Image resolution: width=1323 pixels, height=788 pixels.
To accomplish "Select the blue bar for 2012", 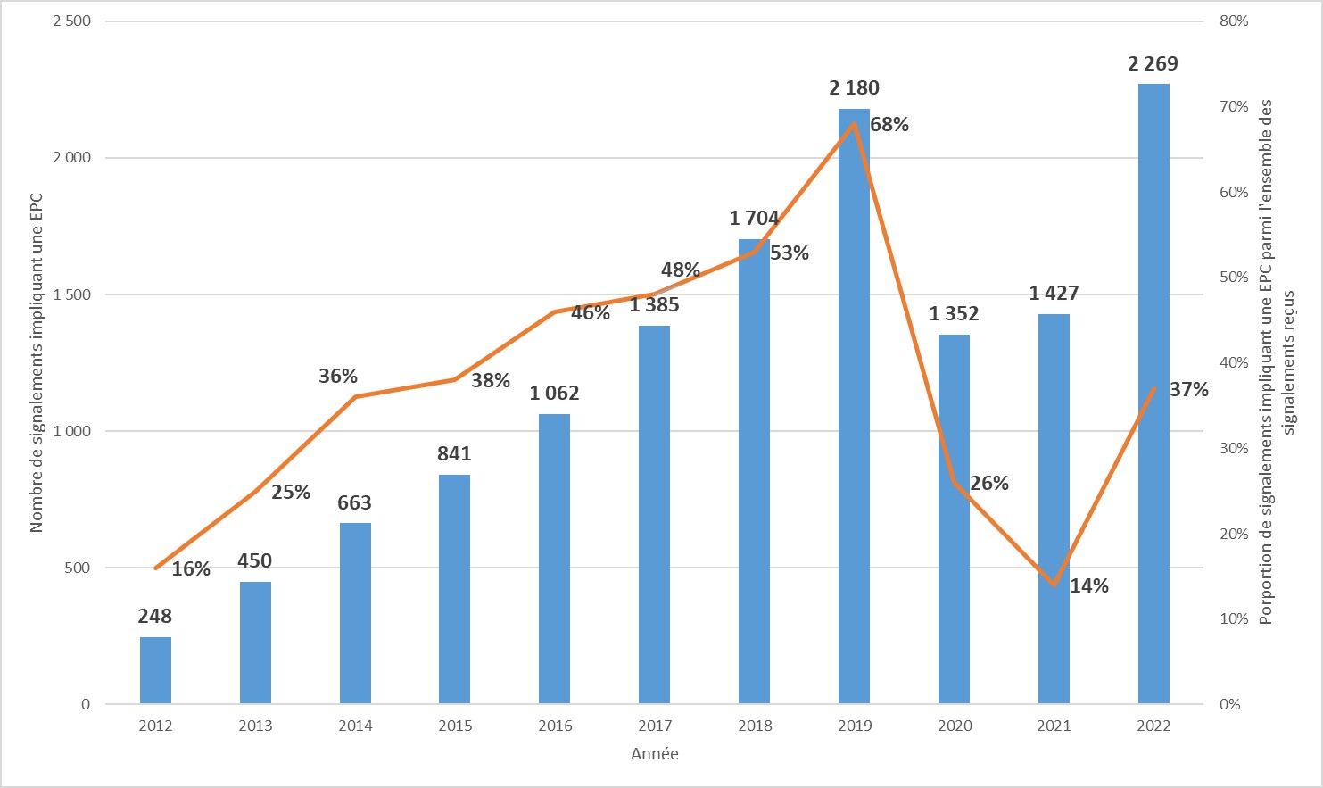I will click(155, 670).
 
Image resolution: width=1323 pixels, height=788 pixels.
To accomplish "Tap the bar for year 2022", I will click(1153, 394).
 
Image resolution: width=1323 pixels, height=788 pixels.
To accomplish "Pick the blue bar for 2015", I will click(454, 589).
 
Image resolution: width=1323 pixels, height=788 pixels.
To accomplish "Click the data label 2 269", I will click(1153, 64).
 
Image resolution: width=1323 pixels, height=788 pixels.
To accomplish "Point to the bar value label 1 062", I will click(554, 394).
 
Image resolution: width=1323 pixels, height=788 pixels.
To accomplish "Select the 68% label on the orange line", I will click(889, 125).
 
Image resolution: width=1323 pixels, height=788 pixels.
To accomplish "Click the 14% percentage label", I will click(1089, 586).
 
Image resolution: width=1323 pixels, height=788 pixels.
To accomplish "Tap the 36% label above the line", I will click(338, 377).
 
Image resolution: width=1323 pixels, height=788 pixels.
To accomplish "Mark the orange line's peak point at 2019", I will click(855, 123).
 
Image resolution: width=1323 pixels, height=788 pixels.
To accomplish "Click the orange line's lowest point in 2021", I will click(1054, 585).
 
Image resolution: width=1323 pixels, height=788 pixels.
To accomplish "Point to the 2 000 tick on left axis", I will click(72, 158).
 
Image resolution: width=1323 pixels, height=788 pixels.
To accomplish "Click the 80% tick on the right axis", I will click(1234, 21).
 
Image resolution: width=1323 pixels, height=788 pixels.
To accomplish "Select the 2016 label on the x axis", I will click(555, 726).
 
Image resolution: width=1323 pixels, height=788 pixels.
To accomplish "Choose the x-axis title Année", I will click(655, 754).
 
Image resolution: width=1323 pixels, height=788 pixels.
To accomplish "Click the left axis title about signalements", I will click(37, 361).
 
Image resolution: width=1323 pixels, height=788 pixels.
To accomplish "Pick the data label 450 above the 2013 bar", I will click(255, 561).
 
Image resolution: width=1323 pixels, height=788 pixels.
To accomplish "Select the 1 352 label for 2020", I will click(954, 314).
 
